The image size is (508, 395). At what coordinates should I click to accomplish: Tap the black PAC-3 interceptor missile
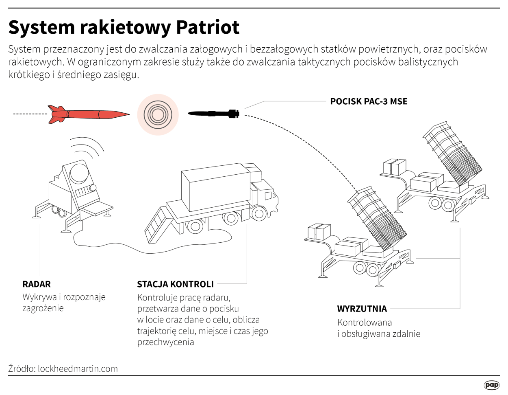point(214,114)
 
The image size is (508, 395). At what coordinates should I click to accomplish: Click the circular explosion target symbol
point(158,114)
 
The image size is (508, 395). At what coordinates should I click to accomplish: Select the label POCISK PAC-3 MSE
point(368,101)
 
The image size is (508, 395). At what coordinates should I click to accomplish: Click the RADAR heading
point(37,284)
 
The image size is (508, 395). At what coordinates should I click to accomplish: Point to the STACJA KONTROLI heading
point(175,284)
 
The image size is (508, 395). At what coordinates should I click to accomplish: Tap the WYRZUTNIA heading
point(362,309)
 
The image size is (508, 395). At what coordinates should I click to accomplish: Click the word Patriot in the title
point(208,27)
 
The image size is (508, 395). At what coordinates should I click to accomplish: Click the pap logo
point(491,385)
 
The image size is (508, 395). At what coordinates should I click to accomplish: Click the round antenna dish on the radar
point(79,174)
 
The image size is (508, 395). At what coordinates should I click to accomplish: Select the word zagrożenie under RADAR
point(43,308)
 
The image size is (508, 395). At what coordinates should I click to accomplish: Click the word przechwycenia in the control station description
point(165,342)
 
